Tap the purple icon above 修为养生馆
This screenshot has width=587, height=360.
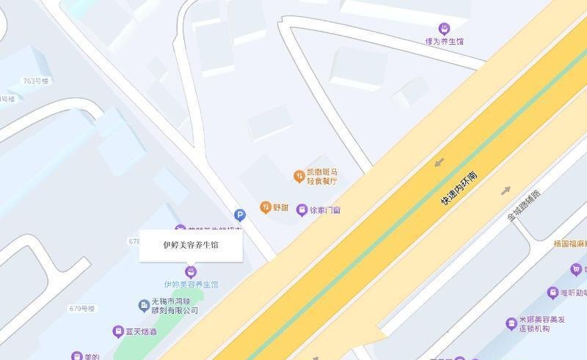click(444, 29)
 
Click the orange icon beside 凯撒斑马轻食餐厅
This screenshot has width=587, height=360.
click(299, 176)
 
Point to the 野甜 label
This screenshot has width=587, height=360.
click(281, 207)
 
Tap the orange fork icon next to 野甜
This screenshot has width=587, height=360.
click(266, 207)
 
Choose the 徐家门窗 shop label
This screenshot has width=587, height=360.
click(324, 210)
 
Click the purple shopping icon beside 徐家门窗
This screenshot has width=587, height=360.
click(302, 210)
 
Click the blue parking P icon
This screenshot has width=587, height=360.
click(240, 215)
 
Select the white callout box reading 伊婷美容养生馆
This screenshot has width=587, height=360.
click(191, 246)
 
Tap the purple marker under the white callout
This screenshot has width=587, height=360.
click(191, 271)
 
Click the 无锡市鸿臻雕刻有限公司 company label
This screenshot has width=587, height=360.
click(175, 306)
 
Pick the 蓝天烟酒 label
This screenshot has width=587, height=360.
click(140, 332)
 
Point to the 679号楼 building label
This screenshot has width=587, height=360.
click(83, 308)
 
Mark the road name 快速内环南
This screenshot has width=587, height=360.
click(459, 188)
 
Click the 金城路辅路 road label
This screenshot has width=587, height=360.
click(523, 206)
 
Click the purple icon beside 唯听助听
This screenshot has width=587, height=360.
click(553, 293)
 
